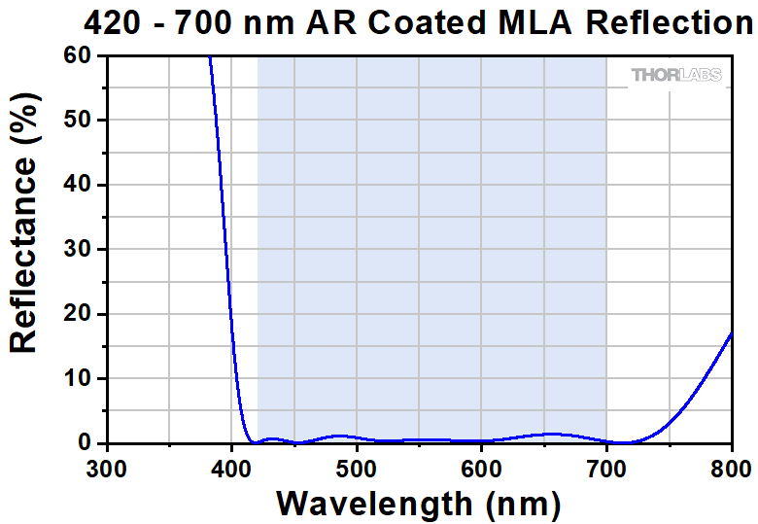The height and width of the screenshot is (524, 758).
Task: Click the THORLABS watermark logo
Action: coord(676,75)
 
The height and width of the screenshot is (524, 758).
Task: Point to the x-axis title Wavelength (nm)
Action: coord(418,504)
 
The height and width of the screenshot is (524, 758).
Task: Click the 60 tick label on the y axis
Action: coord(77,56)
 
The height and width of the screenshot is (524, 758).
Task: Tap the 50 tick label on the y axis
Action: coord(77,121)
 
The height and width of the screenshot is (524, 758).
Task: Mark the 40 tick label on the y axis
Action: coord(77,185)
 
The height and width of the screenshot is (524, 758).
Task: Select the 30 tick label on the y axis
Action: coord(77,249)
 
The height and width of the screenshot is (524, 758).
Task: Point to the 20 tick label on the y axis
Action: coord(77,314)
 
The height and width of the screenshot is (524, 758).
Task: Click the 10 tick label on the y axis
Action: coord(77,378)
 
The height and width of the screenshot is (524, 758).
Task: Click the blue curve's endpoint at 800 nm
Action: coord(731,333)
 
